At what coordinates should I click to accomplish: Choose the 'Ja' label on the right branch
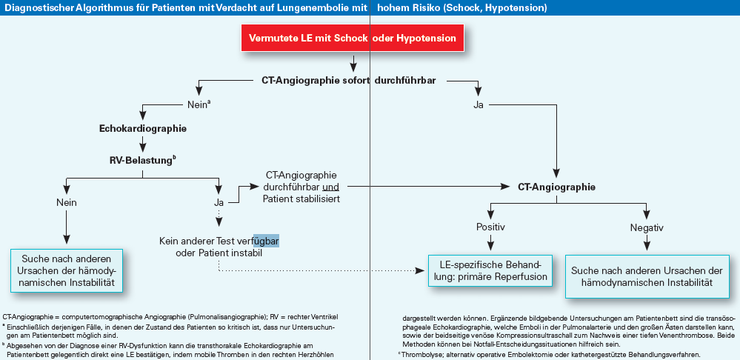pos(479,104)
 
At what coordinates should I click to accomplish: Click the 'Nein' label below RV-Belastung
pos(67,202)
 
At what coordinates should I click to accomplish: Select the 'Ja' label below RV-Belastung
pos(219,202)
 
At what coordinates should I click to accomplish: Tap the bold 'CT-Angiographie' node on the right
pos(556,187)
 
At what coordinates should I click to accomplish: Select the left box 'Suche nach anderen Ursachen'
pos(67,271)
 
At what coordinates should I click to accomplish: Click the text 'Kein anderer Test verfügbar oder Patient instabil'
pos(219,247)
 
